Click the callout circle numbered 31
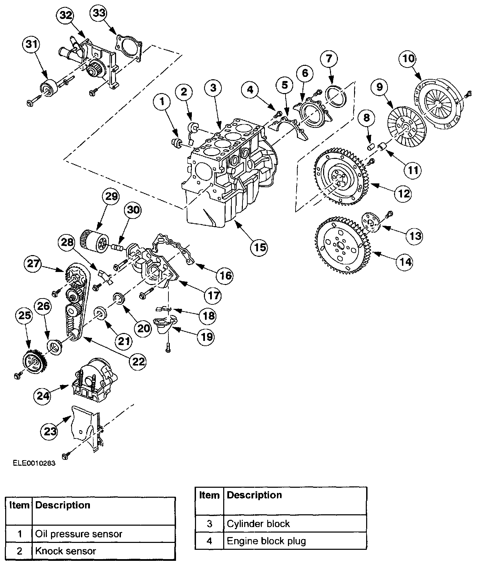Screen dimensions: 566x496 [31, 44]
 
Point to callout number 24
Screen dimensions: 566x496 [43, 396]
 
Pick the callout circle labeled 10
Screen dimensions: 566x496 [409, 59]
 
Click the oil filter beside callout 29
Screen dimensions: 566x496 [95, 242]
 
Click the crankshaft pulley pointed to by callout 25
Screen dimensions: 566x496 [34, 362]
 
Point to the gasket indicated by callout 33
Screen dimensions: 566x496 [128, 48]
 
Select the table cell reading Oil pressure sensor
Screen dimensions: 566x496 [79, 534]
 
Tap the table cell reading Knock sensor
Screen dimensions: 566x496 [65, 551]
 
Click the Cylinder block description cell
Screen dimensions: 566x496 [258, 524]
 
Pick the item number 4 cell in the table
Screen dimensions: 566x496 [209, 541]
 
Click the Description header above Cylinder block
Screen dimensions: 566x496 [255, 495]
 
